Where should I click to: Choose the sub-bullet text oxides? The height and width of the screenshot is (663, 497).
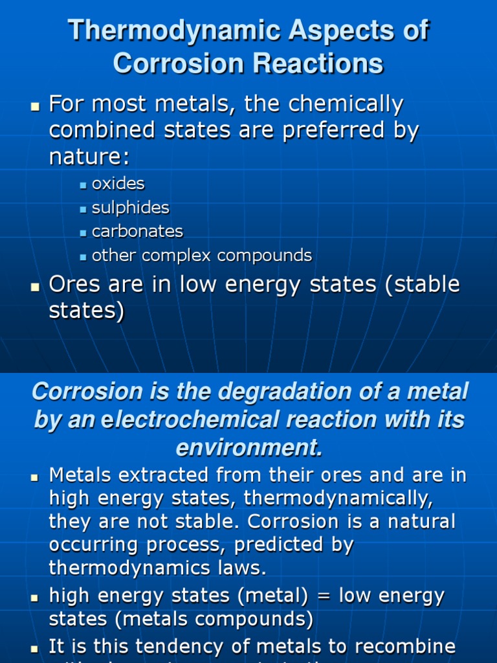pos(118,184)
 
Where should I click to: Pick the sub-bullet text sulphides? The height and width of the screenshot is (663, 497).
pos(131,208)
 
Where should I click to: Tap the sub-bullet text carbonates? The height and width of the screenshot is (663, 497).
pos(138,232)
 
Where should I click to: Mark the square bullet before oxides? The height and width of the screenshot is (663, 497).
pos(83,185)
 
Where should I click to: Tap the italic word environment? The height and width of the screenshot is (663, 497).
pos(248,447)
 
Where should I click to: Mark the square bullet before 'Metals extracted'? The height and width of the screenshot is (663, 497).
pos(36,477)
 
